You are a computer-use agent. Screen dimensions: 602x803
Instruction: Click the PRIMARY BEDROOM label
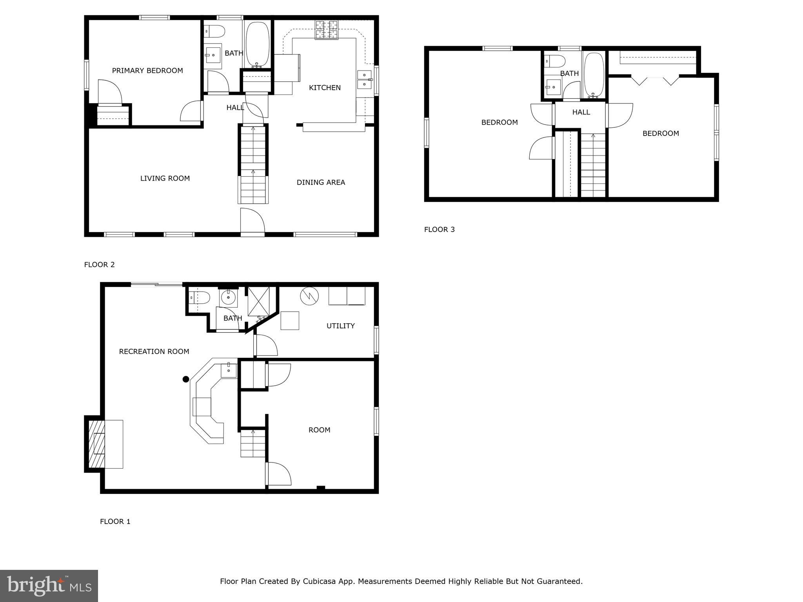(x=147, y=71)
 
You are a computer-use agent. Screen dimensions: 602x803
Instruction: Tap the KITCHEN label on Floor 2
(x=325, y=88)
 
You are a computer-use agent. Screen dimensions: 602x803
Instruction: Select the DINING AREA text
(x=321, y=182)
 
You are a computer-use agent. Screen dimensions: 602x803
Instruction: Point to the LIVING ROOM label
(x=165, y=178)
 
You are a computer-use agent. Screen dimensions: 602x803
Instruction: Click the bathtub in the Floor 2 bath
(x=257, y=44)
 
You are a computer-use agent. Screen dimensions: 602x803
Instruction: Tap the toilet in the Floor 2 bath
(x=214, y=31)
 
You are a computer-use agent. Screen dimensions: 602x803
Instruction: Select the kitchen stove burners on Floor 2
(x=327, y=30)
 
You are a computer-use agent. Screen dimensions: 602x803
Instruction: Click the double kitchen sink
(x=365, y=79)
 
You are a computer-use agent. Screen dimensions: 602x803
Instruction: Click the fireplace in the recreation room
(x=96, y=444)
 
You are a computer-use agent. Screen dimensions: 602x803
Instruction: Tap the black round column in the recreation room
(x=186, y=379)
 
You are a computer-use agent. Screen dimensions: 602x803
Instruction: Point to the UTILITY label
(x=340, y=326)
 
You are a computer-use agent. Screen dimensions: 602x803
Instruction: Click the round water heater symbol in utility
(x=309, y=296)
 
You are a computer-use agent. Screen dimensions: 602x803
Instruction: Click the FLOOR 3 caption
(x=439, y=230)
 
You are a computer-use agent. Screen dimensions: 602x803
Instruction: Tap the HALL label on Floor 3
(x=581, y=112)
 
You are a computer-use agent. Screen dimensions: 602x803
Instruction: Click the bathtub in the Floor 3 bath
(x=594, y=74)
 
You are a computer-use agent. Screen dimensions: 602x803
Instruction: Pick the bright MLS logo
(x=49, y=586)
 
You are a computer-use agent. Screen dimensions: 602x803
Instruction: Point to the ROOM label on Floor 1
(x=319, y=430)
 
